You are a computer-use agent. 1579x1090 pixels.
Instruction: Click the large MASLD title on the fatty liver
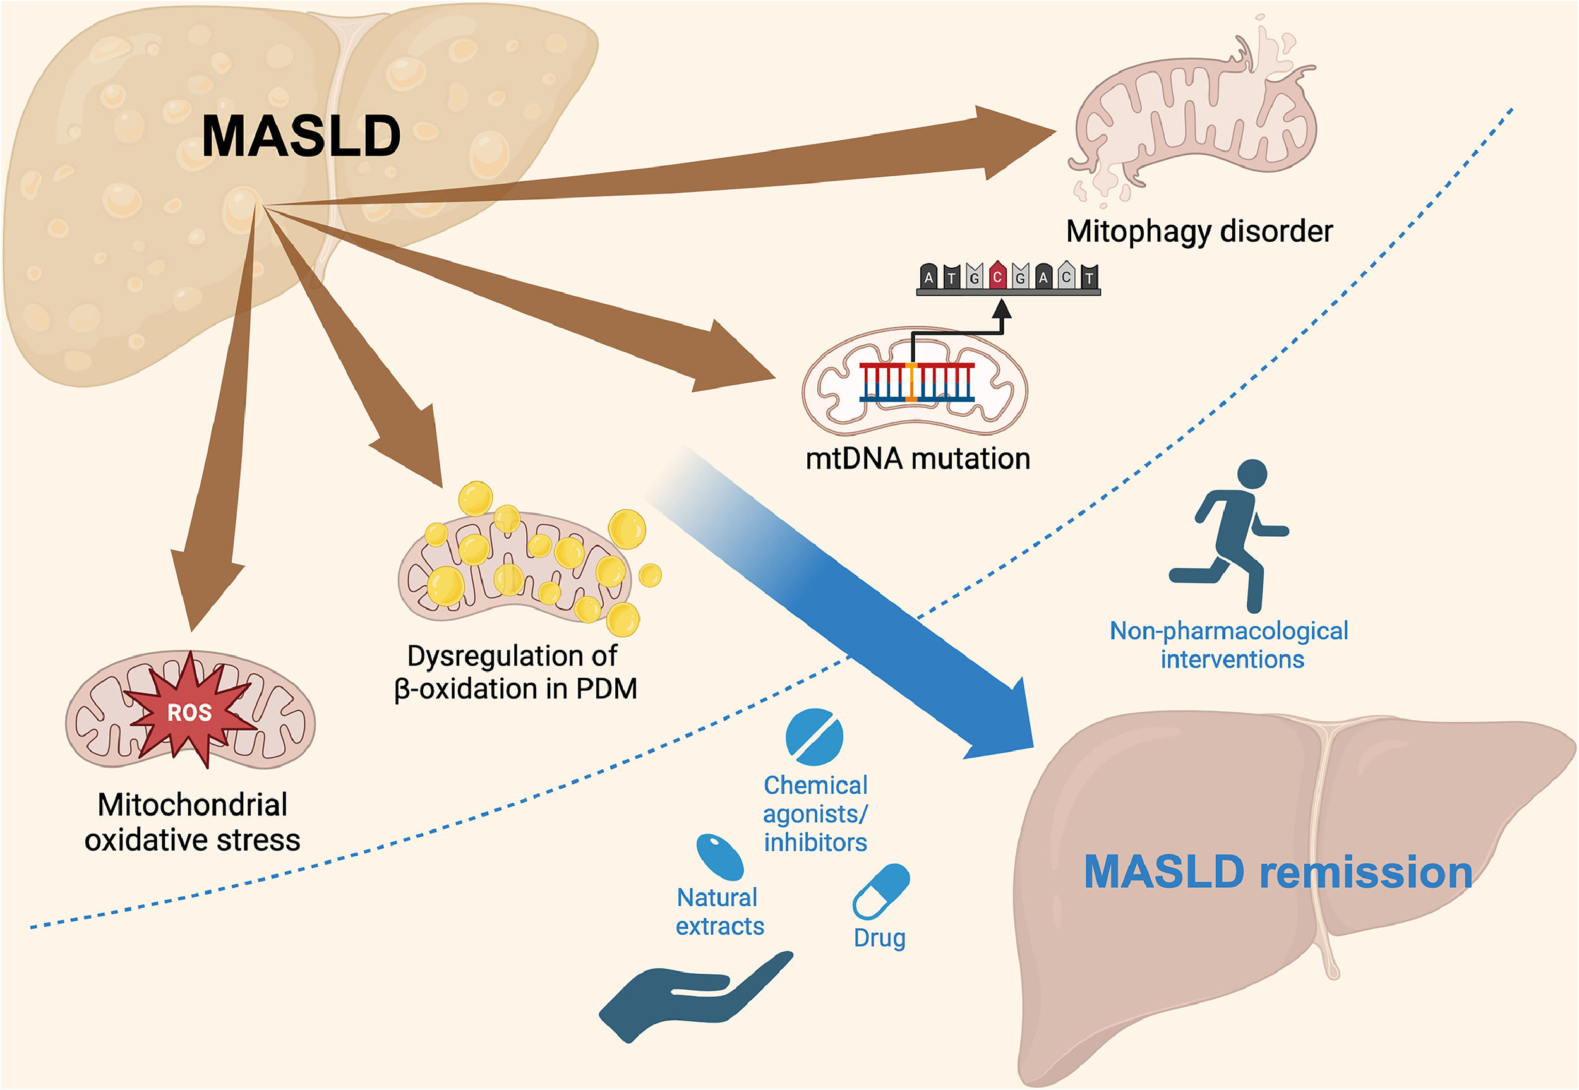[x=301, y=136]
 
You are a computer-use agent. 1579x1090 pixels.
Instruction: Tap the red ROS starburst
[x=189, y=712]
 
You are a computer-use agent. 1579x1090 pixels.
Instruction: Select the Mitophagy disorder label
[x=1199, y=232]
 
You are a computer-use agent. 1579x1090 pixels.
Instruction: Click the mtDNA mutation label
[x=917, y=458]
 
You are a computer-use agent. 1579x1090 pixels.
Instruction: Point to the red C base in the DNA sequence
[x=998, y=276]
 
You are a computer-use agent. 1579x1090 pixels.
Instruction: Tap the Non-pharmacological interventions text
[x=1229, y=645]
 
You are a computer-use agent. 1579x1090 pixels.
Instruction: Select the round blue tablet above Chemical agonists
[x=814, y=737]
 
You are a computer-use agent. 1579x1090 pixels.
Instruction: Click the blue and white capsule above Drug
[x=880, y=892]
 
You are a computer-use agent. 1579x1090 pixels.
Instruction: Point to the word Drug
[x=880, y=938]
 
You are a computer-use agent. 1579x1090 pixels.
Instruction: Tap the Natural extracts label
[x=719, y=912]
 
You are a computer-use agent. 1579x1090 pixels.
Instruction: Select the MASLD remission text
[x=1278, y=872]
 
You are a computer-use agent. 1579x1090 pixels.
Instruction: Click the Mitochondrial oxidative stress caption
[x=192, y=822]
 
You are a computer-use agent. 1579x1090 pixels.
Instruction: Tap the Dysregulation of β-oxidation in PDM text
[x=515, y=672]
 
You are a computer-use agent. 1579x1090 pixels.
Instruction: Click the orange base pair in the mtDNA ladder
[x=911, y=382]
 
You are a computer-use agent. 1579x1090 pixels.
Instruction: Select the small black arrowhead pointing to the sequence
[x=1001, y=309]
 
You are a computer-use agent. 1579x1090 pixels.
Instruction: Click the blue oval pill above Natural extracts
[x=720, y=856]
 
